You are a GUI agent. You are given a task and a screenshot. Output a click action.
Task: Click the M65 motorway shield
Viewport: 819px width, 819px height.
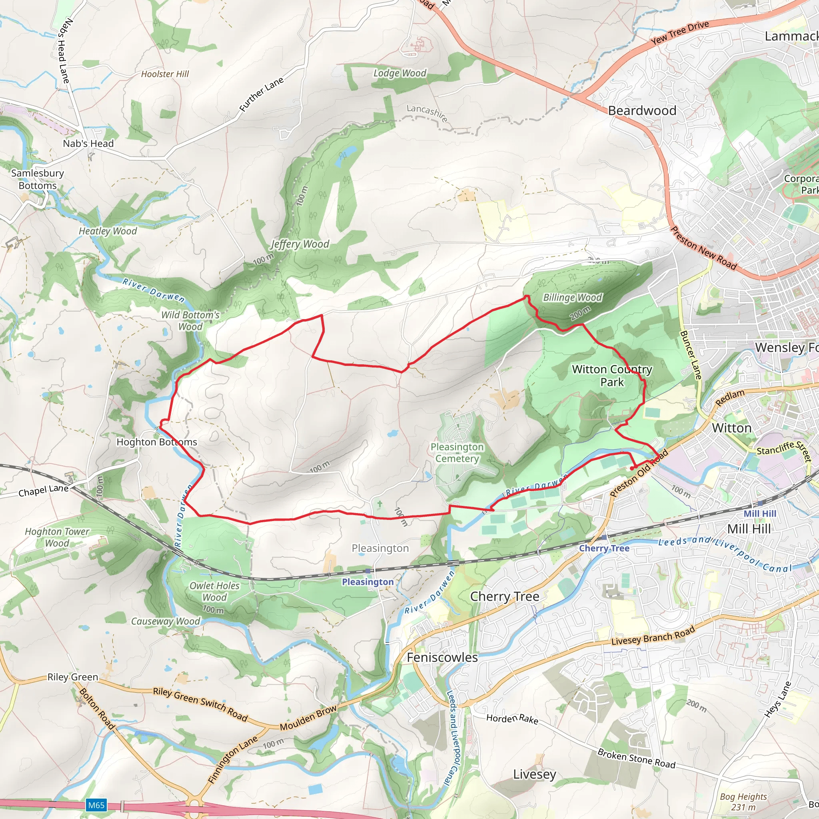point(96,805)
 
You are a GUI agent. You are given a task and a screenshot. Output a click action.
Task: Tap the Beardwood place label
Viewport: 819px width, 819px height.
point(642,111)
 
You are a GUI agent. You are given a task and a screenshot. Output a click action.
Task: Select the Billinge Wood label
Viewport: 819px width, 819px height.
point(572,298)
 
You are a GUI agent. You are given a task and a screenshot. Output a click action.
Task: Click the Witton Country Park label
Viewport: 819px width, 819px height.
point(612,376)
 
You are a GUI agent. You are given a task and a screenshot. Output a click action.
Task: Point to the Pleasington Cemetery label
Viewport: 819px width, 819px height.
point(457,453)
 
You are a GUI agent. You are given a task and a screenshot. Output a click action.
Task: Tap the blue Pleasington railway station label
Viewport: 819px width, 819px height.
point(368,582)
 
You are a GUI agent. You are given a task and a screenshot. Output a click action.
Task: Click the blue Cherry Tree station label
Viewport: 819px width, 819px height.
point(604,548)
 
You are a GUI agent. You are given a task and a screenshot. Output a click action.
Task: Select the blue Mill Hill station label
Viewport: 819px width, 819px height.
point(760,513)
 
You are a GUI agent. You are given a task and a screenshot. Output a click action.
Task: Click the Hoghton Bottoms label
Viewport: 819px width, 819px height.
point(156,442)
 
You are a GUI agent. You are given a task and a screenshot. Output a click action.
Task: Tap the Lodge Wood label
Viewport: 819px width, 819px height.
point(400,73)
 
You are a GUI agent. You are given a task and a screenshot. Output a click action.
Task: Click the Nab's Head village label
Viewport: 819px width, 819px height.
point(88,144)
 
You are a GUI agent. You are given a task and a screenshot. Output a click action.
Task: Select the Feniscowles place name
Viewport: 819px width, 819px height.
point(442,657)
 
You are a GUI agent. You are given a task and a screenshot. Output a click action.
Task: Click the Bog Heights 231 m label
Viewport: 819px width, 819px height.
point(743,802)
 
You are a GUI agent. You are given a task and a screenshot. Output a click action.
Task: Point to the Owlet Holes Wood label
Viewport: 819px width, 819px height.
point(214,591)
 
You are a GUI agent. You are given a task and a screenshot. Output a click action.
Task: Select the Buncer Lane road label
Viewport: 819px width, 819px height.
point(691,355)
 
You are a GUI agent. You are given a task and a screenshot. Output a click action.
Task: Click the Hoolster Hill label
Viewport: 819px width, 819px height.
point(165,74)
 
